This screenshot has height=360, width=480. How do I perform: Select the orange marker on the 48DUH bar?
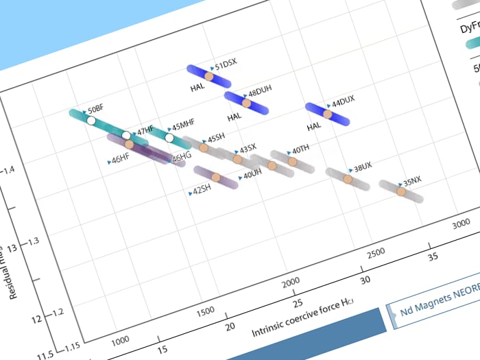pyautogui.click(x=247, y=103)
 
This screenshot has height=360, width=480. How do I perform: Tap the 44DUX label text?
pyautogui.click(x=343, y=100)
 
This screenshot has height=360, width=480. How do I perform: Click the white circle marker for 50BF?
pyautogui.click(x=91, y=121)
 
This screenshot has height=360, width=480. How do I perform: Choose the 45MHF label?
pyautogui.click(x=182, y=126)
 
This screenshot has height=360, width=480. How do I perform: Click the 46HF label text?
pyautogui.click(x=120, y=158)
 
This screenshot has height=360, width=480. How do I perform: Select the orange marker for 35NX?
pyautogui.click(x=402, y=191)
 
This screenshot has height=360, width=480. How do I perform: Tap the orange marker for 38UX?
pyautogui.click(x=347, y=179)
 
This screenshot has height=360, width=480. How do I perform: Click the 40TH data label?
pyautogui.click(x=300, y=149)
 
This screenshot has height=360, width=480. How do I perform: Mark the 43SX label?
pyautogui.click(x=248, y=148)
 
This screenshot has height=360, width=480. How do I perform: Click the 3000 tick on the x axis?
pyautogui.click(x=462, y=224)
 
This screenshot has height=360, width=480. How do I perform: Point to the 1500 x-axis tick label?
pyautogui.click(x=206, y=310)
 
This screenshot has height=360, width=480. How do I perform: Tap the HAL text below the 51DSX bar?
pyautogui.click(x=197, y=88)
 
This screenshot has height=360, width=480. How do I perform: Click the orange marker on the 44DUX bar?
pyautogui.click(x=328, y=115)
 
